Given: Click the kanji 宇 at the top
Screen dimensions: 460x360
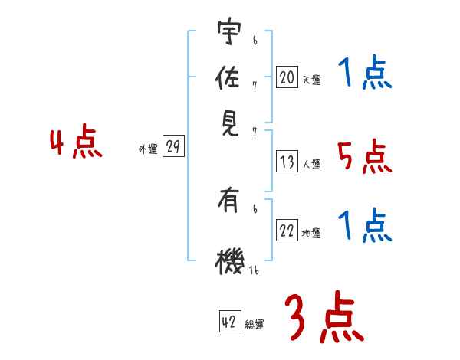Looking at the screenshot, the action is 228,33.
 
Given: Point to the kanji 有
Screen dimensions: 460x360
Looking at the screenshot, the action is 228,203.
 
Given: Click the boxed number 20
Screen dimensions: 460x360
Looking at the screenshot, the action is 287,77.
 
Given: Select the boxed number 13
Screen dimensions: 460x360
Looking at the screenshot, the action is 287,162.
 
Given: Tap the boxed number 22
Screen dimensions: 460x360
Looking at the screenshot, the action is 287,231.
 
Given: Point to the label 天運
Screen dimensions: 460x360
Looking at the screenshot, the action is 311,80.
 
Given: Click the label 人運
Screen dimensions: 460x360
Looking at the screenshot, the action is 311,164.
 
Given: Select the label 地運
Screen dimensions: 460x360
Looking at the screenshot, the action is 311,234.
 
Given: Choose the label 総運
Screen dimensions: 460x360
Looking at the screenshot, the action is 255,325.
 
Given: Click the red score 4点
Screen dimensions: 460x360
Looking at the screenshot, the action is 76,144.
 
